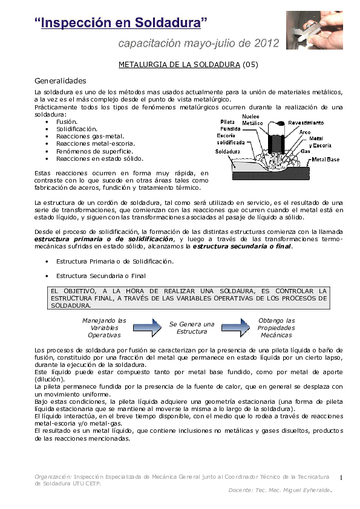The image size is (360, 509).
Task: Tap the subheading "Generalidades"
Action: [x=61, y=80]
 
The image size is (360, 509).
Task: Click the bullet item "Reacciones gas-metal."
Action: [x=85, y=137]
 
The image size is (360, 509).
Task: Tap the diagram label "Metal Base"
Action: [x=326, y=160]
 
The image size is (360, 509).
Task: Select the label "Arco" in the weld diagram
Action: [x=305, y=131]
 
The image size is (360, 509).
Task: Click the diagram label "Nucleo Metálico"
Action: [x=252, y=120]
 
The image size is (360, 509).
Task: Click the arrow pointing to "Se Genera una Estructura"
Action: [x=151, y=327]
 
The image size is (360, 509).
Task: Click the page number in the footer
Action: [x=341, y=478]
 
